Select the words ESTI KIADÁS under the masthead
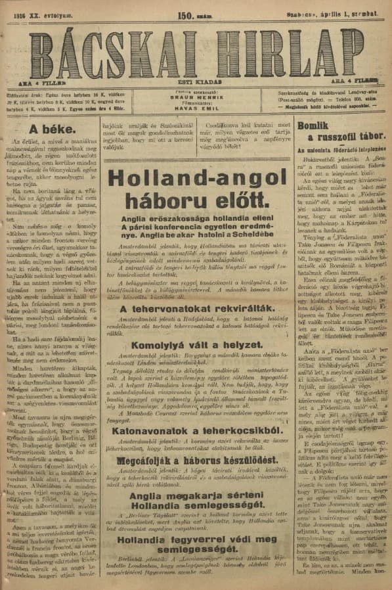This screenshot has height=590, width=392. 195,83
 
